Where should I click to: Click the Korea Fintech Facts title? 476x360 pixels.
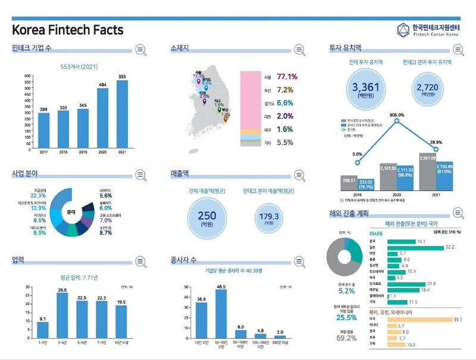coord(68,30)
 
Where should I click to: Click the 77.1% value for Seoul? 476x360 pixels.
coord(287,77)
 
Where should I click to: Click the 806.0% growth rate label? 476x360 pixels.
coord(396,115)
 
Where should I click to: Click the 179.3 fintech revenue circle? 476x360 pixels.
coord(269,218)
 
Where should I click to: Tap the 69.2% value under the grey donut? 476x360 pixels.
coord(346,338)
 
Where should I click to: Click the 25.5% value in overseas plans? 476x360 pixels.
coord(346,318)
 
